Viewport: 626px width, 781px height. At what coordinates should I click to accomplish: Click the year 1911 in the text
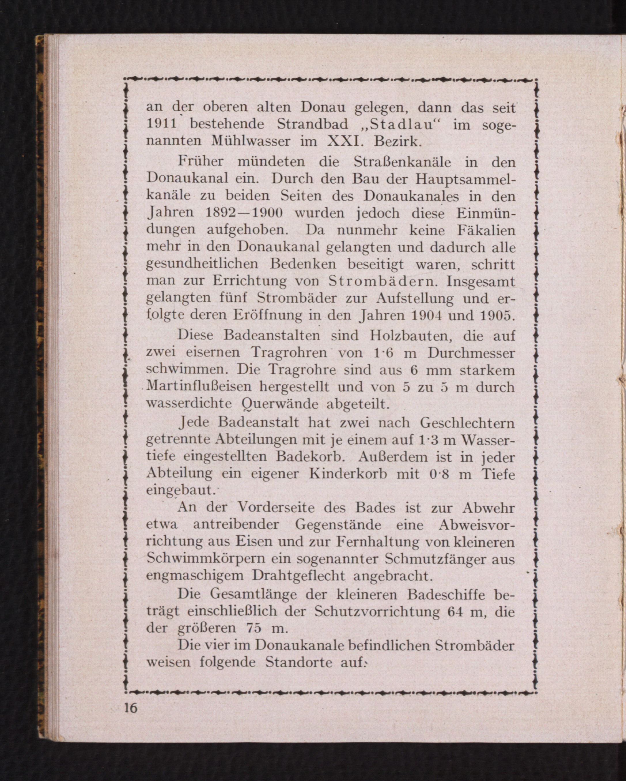point(161,124)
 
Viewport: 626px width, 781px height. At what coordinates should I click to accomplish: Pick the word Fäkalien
point(486,230)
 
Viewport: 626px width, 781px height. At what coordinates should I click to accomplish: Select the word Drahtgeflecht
point(298,576)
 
